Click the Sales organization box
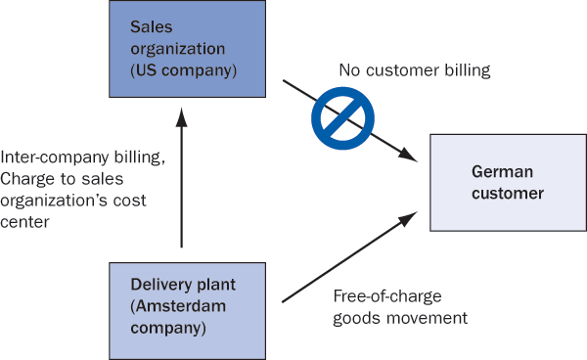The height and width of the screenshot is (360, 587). coord(187,49)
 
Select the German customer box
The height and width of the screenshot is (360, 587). coord(509,183)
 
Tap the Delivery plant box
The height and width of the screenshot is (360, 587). coord(187,311)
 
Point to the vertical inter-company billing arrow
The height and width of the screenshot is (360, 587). coord(182,178)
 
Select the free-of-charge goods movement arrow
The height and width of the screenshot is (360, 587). coord(349,256)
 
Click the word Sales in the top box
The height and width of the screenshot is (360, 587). coord(152,27)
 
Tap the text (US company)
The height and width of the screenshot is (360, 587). coord(184,70)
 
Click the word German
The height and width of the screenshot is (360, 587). coord(503,172)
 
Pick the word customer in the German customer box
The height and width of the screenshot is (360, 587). coord(508,194)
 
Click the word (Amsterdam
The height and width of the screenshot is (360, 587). coord(178,306)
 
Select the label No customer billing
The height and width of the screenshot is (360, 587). coord(415,70)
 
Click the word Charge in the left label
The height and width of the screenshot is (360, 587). coord(27,179)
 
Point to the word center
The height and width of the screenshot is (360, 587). coord(24,222)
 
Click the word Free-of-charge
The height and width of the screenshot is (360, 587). coord(387,296)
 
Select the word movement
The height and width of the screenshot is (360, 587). coord(427,319)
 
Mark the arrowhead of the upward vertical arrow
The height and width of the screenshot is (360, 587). coord(182,117)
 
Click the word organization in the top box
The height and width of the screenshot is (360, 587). coord(178,49)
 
